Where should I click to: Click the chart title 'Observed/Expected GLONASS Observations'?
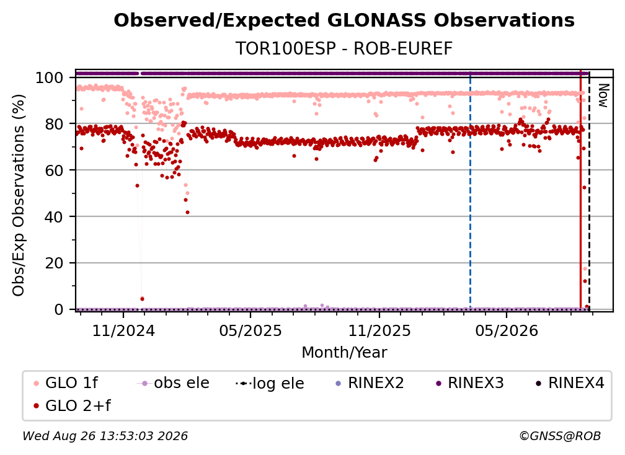344,20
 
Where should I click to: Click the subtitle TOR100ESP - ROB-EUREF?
344,49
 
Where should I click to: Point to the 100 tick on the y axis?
50,77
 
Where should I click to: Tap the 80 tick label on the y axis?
54,124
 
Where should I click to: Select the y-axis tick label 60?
54,170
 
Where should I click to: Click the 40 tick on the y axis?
54,217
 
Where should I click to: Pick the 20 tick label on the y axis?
54,263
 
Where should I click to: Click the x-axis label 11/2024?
123,330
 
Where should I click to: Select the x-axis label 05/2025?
250,330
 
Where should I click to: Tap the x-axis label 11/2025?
379,330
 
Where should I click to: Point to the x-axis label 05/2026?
507,330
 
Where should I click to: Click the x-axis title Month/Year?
344,352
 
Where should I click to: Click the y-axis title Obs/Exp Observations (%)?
19,195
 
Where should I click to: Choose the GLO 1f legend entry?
66,383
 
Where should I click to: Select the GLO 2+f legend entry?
72,405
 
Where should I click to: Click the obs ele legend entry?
173,383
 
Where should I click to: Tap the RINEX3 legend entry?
469,383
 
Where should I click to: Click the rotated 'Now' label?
603,95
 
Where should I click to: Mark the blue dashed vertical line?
471,190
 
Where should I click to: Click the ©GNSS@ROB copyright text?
560,436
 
